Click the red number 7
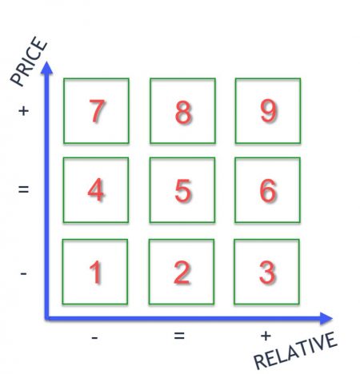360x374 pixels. [97, 111]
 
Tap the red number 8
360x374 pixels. [183, 112]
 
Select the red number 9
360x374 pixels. [268, 111]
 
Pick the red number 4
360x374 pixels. [96, 189]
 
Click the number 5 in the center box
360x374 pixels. [183, 190]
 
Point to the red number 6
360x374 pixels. [268, 190]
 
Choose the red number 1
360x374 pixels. [95, 273]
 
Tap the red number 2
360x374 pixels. [182, 273]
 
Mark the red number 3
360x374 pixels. [267, 273]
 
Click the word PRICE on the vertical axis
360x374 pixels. [29, 62]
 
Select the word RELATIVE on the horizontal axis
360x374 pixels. [295, 350]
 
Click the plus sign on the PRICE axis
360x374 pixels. [23, 110]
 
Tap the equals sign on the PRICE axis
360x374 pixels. [23, 189]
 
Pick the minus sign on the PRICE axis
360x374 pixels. [23, 273]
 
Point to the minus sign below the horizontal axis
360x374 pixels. [94, 338]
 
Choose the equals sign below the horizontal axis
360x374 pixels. [179, 336]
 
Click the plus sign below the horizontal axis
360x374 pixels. [266, 336]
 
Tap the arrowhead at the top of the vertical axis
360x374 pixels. [47, 67]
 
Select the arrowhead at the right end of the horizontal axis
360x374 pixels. [326, 318]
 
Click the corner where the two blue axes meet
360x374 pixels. [47, 318]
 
